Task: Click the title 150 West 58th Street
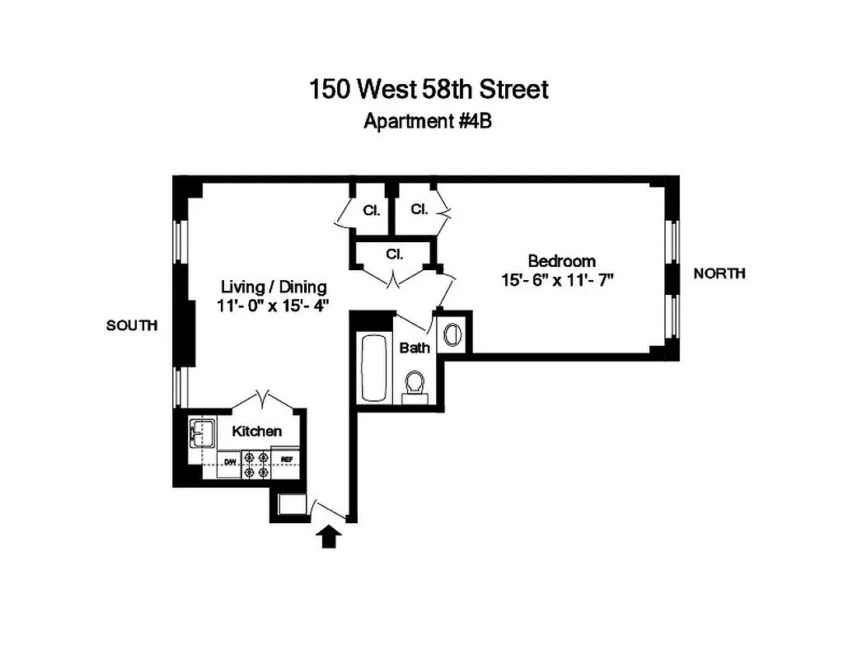(428, 89)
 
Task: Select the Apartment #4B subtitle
(428, 121)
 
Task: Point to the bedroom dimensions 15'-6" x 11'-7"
(558, 280)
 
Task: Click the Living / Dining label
(273, 287)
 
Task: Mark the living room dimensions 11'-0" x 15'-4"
(273, 307)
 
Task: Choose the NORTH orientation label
(719, 273)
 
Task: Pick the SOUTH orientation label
(131, 326)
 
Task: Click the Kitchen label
(256, 431)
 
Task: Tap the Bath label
(415, 348)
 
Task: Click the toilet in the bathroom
(415, 385)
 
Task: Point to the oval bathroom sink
(453, 334)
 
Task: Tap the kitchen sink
(201, 432)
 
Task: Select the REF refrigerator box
(288, 460)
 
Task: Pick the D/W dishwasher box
(231, 461)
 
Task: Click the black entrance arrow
(329, 536)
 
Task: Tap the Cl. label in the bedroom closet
(419, 209)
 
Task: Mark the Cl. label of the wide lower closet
(394, 255)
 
